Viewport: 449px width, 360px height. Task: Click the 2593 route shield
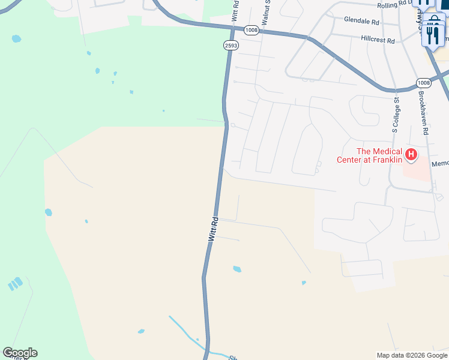tap(231, 45)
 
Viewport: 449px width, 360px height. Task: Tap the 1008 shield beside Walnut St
tap(251, 29)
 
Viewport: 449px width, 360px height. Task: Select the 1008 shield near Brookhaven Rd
tap(424, 82)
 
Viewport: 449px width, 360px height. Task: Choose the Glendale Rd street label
tap(362, 20)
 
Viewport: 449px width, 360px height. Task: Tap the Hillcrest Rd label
tap(378, 39)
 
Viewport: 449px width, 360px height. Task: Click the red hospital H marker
tap(411, 155)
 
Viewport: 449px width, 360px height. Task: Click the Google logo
tap(20, 353)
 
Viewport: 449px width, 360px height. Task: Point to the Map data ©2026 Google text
tap(412, 355)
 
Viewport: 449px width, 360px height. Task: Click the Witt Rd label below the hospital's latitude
tap(213, 229)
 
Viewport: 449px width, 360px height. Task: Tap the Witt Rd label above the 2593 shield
tap(235, 13)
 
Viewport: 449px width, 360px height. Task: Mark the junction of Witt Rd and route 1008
tap(232, 27)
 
